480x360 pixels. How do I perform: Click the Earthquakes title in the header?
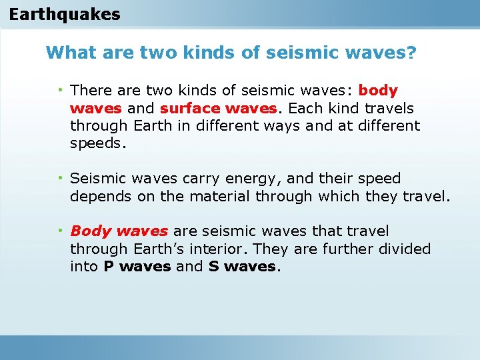[x=65, y=14]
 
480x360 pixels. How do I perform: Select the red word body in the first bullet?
[x=378, y=90]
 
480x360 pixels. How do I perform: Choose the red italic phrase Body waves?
[x=119, y=231]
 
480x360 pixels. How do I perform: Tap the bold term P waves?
[x=137, y=267]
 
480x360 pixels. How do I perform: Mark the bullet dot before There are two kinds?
[x=61, y=89]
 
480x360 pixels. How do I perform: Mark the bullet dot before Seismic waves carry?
[x=61, y=178]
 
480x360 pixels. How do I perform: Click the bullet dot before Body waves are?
[x=61, y=231]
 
